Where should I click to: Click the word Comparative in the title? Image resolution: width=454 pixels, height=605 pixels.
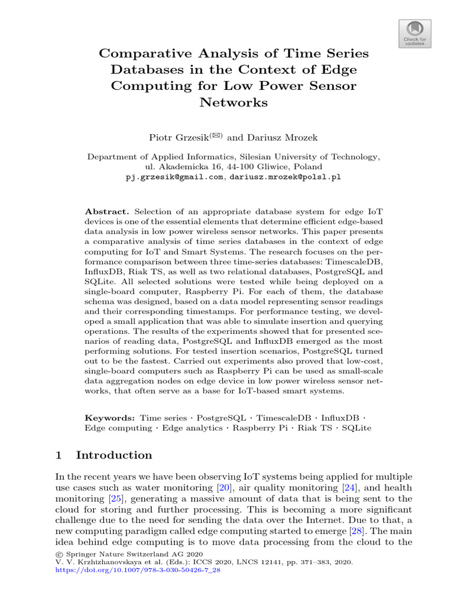[x=141, y=54]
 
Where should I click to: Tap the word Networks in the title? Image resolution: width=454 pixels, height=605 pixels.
[x=234, y=102]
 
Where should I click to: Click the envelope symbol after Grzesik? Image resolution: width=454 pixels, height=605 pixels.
[x=215, y=135]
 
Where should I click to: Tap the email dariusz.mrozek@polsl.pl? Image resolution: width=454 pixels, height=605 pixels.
[x=286, y=177]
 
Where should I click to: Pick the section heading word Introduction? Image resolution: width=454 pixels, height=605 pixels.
[x=114, y=455]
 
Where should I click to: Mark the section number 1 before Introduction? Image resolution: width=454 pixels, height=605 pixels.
[x=59, y=455]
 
